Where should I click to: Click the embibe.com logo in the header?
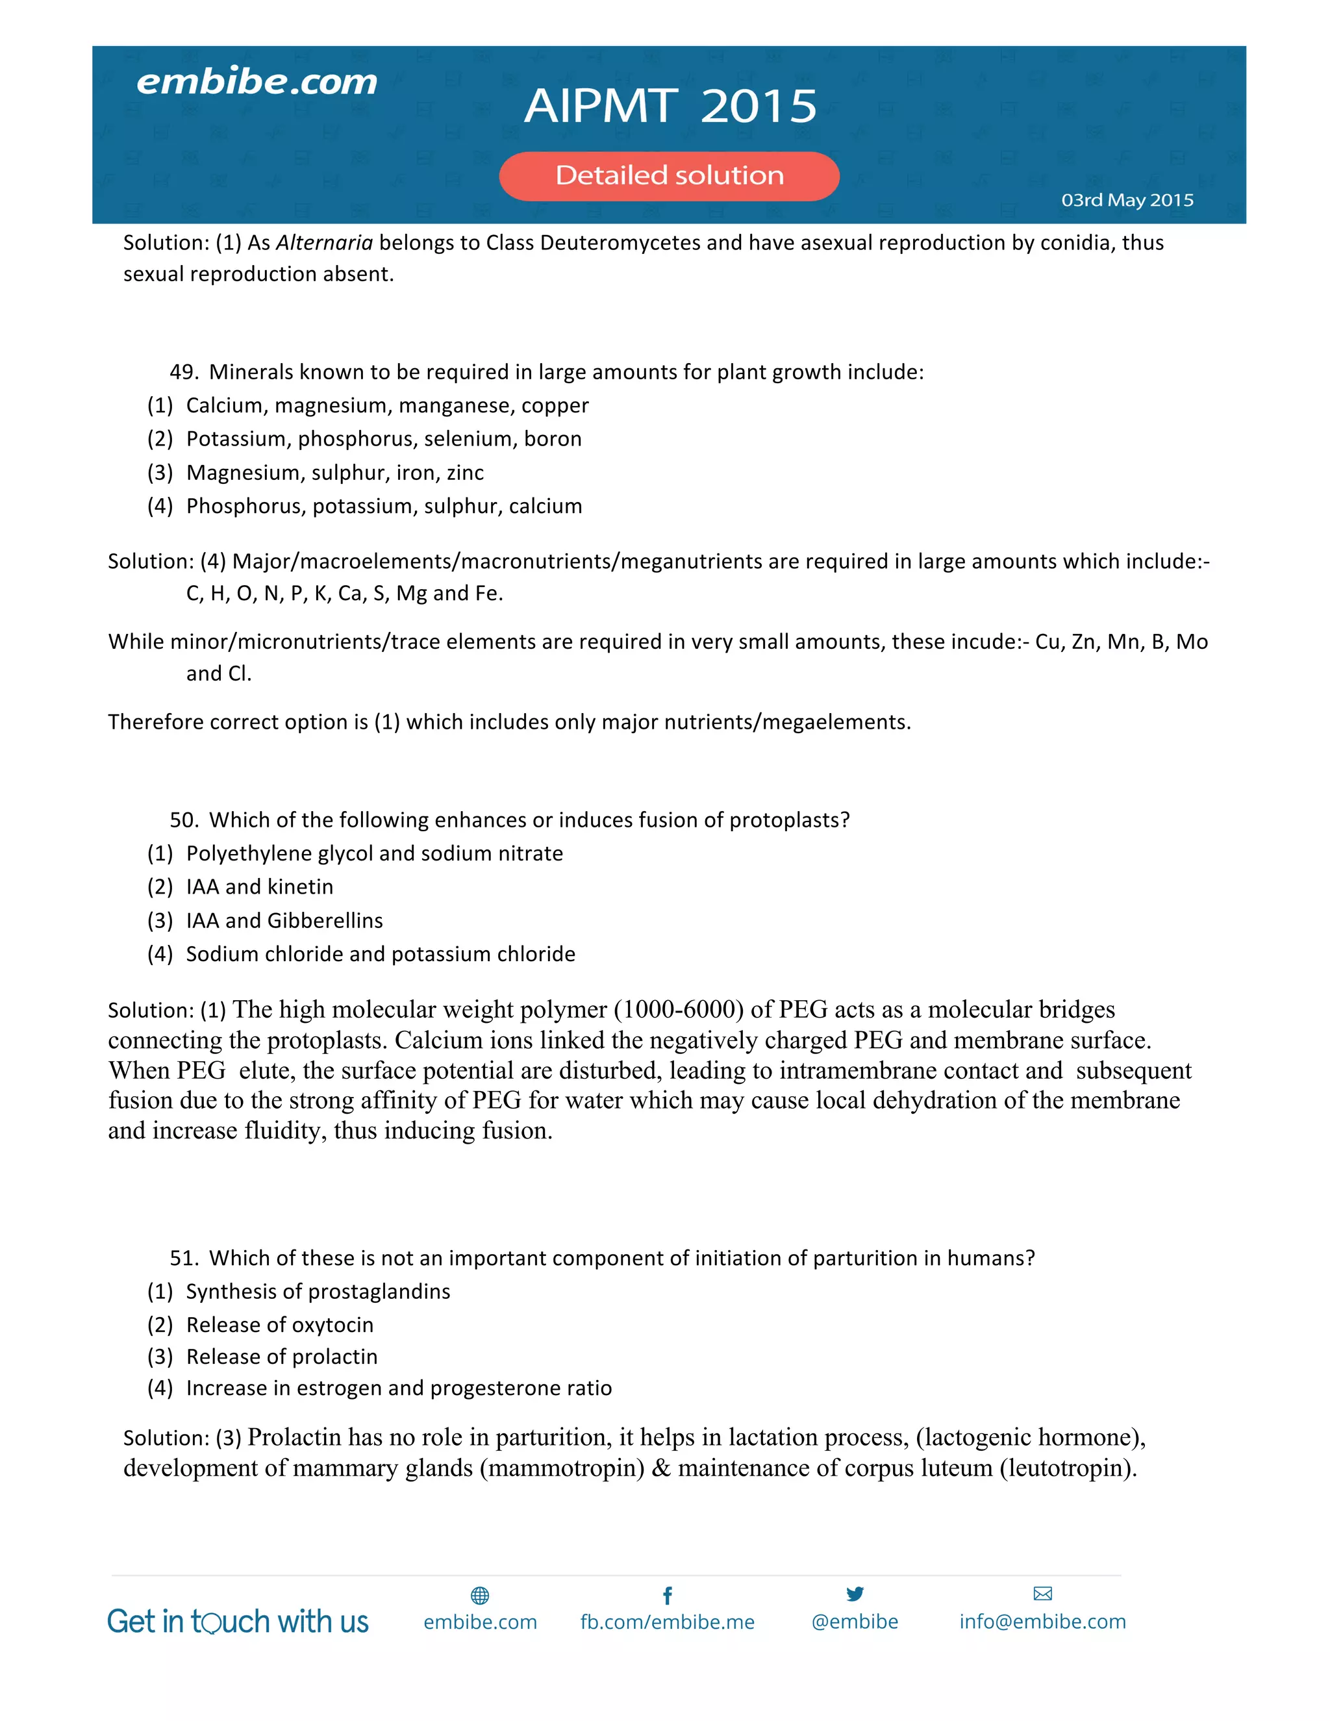point(257,82)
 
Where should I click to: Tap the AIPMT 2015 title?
point(670,106)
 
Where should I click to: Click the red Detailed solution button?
point(669,176)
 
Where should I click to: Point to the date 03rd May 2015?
point(1127,200)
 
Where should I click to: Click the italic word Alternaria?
point(324,243)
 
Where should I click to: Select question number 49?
point(184,372)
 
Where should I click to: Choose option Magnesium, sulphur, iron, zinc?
point(335,473)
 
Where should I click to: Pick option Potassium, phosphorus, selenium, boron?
point(384,439)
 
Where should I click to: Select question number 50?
point(184,820)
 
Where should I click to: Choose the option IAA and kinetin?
point(259,887)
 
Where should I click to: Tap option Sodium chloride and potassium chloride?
point(381,954)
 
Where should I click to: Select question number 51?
point(184,1259)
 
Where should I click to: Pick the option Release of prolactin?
point(281,1357)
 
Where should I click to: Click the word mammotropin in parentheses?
point(562,1468)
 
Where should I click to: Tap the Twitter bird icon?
point(855,1594)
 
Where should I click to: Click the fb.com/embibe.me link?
point(668,1622)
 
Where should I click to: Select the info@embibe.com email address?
point(1042,1622)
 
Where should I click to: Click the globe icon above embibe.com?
point(480,1596)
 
